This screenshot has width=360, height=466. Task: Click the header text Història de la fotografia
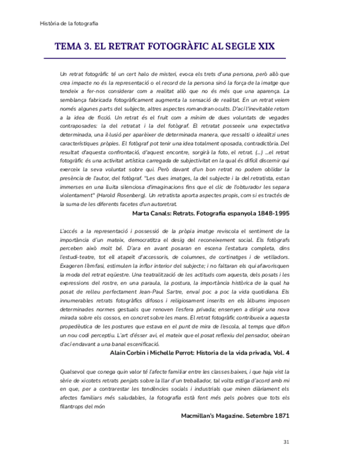[x=69, y=23]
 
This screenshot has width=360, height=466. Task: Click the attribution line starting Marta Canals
[x=211, y=213]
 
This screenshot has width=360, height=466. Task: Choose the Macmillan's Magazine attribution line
[x=235, y=415]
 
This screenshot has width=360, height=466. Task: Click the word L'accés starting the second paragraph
[x=69, y=231]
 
